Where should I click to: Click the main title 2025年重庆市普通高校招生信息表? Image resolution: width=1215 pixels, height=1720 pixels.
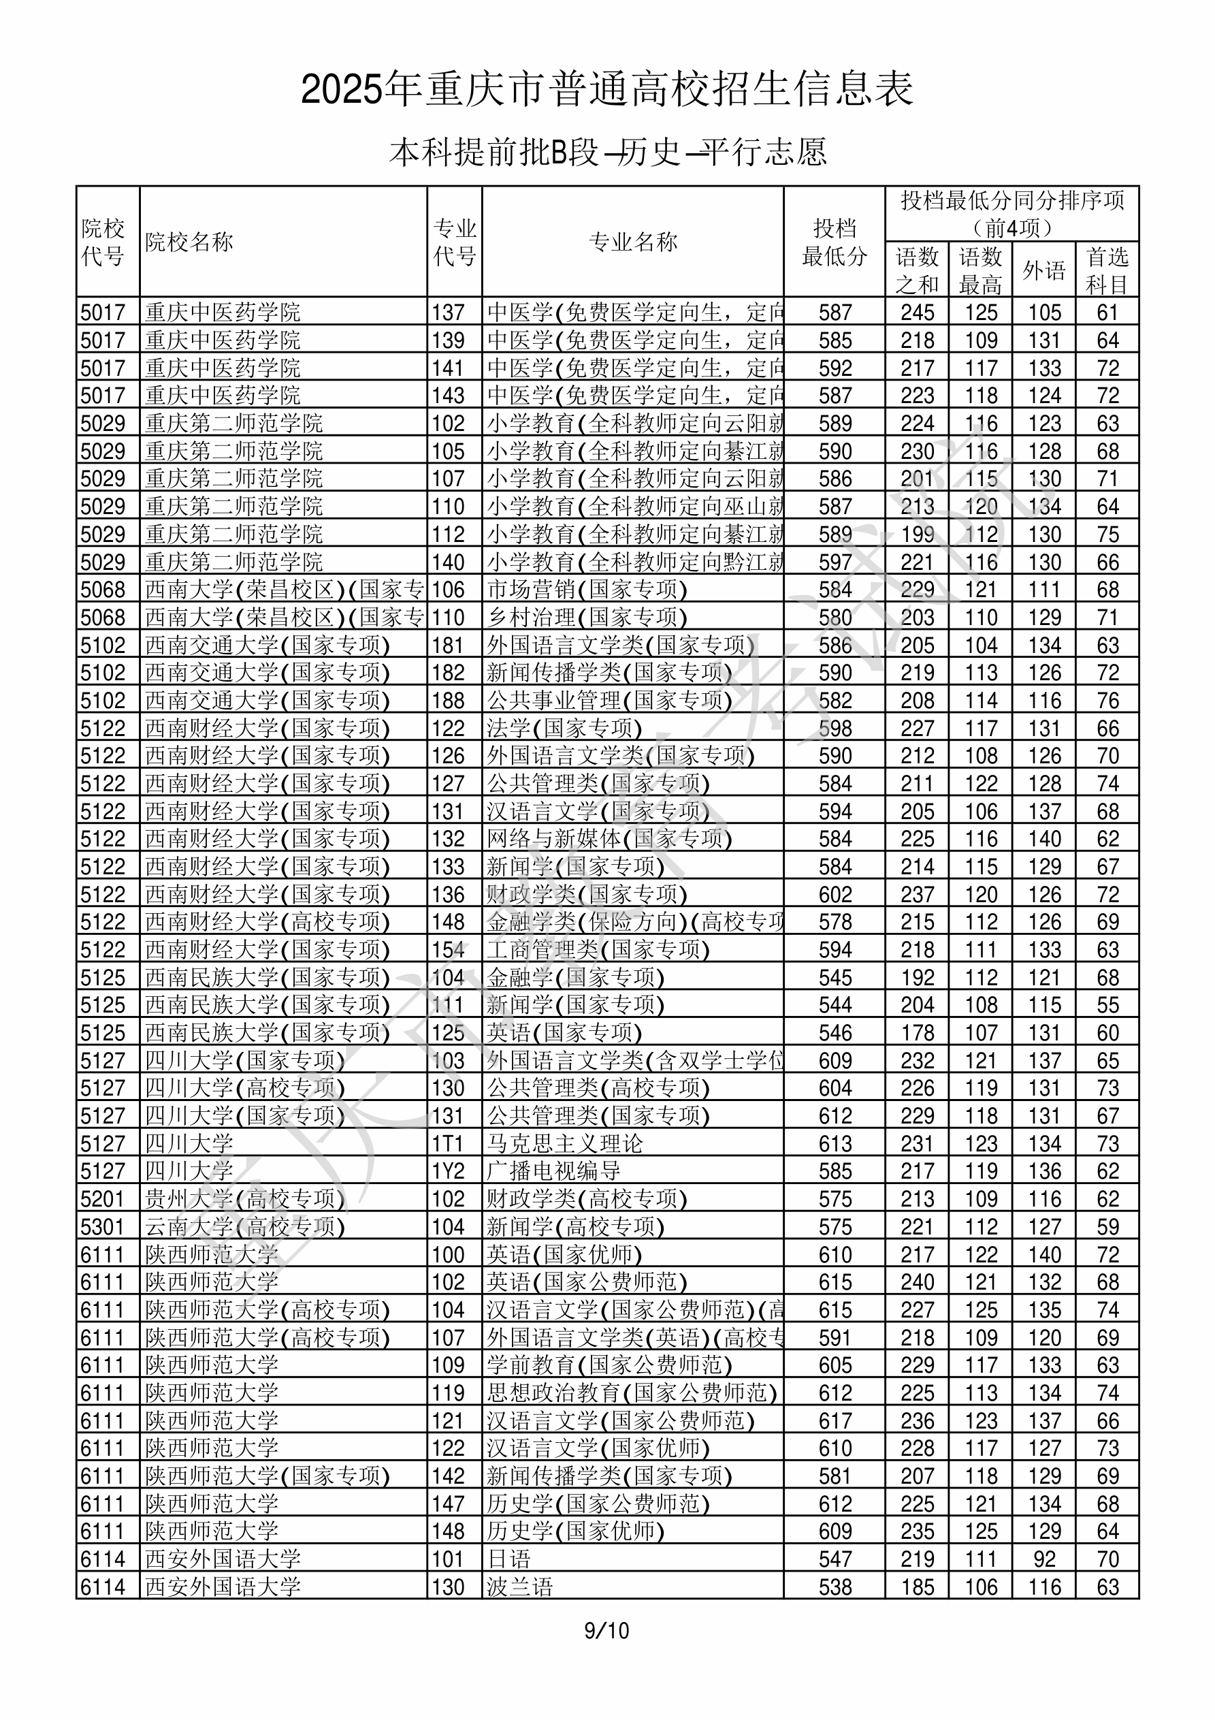click(x=606, y=90)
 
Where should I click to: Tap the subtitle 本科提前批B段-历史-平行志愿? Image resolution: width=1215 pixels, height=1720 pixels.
click(x=607, y=153)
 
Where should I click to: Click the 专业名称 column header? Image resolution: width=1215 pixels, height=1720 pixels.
click(x=633, y=242)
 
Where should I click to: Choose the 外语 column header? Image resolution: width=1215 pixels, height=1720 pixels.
click(x=1043, y=270)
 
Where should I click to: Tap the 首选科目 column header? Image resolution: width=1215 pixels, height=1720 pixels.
click(x=1107, y=270)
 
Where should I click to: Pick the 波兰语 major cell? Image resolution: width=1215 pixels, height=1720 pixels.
click(x=520, y=1587)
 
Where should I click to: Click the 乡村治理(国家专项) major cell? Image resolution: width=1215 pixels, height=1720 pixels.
click(x=587, y=618)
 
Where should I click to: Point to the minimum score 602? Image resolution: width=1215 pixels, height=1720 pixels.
click(x=835, y=895)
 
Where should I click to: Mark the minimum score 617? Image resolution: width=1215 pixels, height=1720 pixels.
click(x=835, y=1421)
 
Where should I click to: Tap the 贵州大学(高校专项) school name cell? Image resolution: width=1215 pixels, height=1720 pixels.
click(x=245, y=1199)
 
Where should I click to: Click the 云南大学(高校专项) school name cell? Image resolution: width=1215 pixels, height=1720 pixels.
click(x=245, y=1227)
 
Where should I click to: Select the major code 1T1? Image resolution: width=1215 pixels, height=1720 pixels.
click(x=448, y=1144)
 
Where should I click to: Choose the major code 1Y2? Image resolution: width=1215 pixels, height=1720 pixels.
click(x=448, y=1172)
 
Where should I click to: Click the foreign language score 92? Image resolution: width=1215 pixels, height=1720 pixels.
click(x=1044, y=1559)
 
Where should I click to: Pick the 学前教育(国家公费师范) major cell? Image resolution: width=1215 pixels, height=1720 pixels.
click(x=610, y=1366)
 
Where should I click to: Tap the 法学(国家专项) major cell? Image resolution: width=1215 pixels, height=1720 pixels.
click(x=565, y=728)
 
